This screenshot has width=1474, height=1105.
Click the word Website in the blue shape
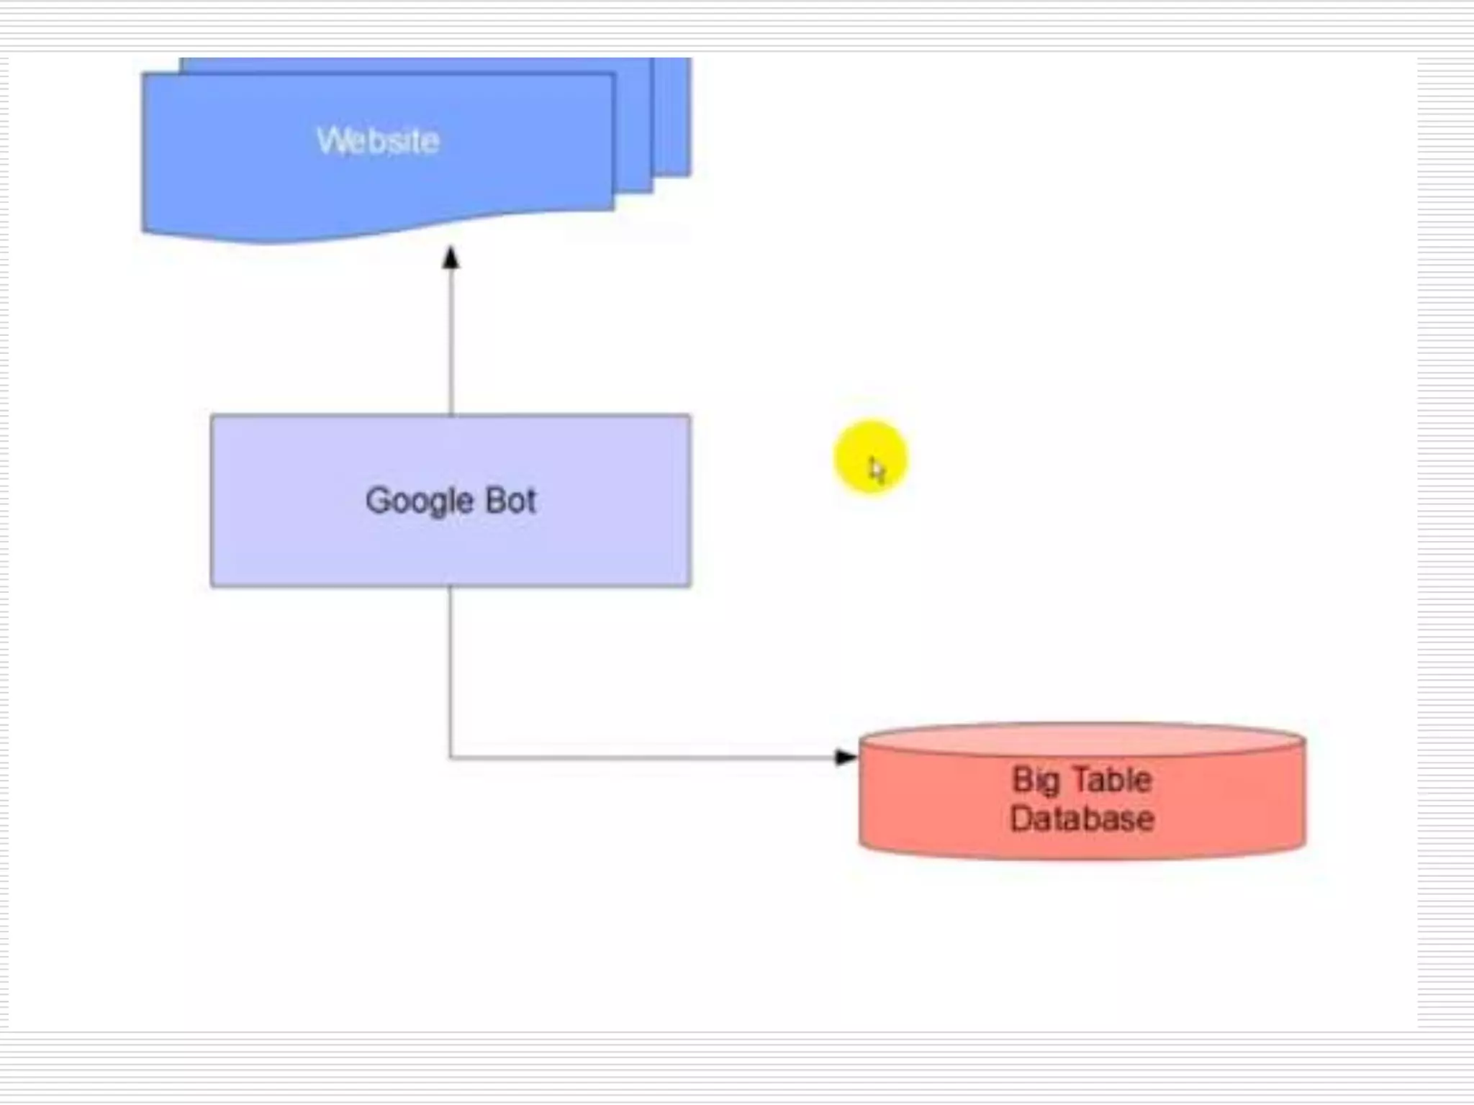pyautogui.click(x=378, y=140)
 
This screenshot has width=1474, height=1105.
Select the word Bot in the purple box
pyautogui.click(x=511, y=501)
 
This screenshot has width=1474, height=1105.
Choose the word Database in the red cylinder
pyautogui.click(x=1082, y=819)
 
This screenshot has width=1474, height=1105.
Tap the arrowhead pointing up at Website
pyautogui.click(x=451, y=258)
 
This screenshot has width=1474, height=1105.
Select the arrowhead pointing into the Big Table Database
pyautogui.click(x=845, y=757)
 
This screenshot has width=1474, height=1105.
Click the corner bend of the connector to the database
pyautogui.click(x=451, y=757)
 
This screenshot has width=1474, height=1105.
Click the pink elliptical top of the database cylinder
pyautogui.click(x=1082, y=740)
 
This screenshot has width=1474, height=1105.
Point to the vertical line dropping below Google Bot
pyautogui.click(x=451, y=669)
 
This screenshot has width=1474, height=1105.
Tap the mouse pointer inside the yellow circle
pyautogui.click(x=876, y=470)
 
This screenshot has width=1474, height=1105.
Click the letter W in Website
pyautogui.click(x=330, y=140)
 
